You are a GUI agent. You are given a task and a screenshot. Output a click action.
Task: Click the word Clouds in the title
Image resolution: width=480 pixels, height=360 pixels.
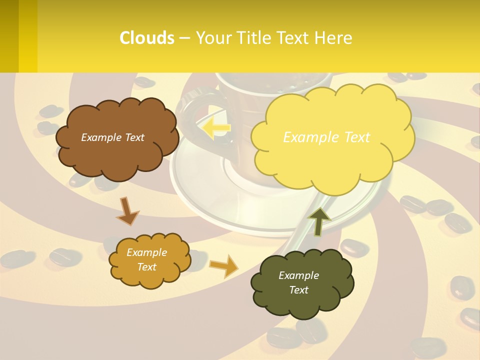(147, 38)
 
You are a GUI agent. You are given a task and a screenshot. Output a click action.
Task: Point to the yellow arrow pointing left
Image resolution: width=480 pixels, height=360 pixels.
(216, 127)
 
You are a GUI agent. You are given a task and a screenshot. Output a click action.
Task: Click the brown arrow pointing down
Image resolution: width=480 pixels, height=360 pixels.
(127, 211)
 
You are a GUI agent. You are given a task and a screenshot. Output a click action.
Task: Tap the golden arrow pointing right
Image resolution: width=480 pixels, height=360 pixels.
(224, 265)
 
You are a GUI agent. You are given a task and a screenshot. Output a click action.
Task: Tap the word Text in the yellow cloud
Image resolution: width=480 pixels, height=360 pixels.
(354, 137)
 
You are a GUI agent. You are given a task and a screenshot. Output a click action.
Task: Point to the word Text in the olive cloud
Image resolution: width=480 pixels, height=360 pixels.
(298, 290)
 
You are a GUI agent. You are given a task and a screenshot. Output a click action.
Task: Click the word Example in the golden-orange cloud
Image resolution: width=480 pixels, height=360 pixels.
(146, 252)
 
